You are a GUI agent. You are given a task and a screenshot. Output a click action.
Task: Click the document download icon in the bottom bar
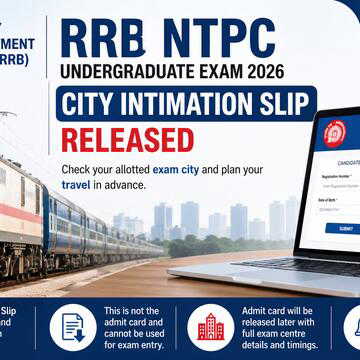pos(73,326)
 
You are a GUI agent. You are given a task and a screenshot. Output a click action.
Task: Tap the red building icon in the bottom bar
pos(210,326)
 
